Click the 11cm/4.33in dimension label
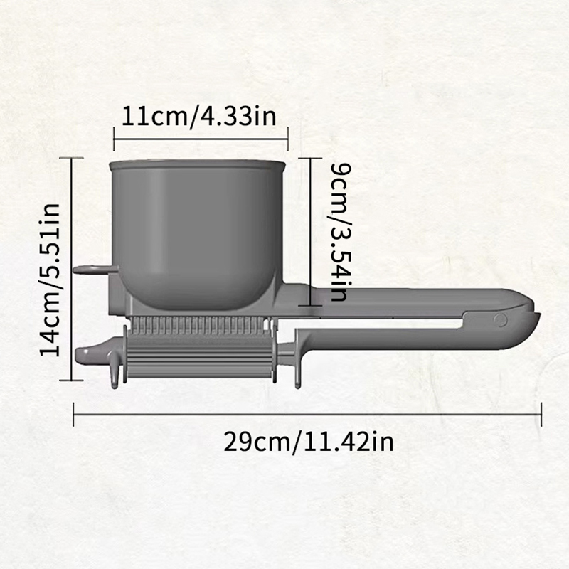pos(198,117)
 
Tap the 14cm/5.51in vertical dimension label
pos(50,280)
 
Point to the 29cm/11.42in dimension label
pos(309,442)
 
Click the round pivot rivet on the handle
pos(501,319)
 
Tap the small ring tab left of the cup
pos(95,270)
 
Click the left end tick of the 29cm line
pos(74,414)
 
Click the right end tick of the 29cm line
pos(541,414)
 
